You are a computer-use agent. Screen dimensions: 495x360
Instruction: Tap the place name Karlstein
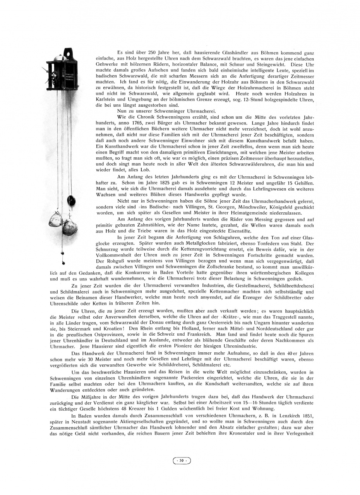tap(106, 99)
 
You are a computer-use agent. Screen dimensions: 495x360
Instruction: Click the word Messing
tap(242, 219)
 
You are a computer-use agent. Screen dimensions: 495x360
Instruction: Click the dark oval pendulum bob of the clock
tap(71, 200)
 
